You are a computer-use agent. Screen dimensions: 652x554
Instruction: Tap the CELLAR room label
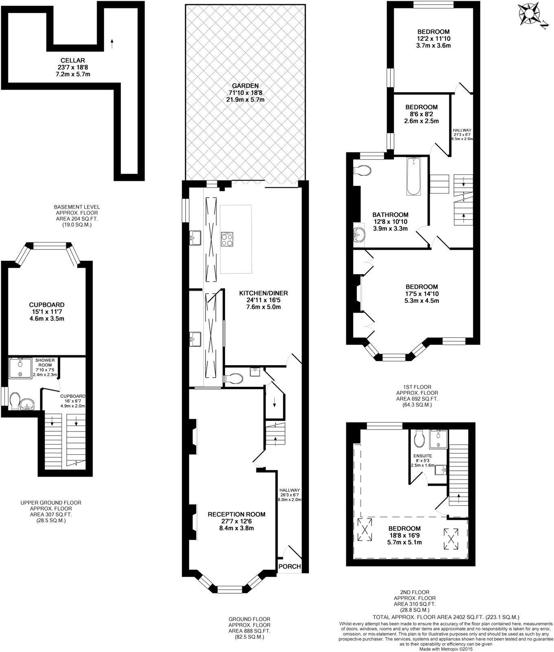(73, 60)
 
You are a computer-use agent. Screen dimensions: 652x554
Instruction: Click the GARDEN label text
(245, 86)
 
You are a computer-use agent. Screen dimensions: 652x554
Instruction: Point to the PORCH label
(290, 566)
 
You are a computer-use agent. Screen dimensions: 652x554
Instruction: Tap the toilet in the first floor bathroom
(362, 171)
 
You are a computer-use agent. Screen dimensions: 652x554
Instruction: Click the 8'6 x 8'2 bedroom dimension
(421, 115)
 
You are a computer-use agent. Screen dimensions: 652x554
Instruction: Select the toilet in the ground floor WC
(233, 379)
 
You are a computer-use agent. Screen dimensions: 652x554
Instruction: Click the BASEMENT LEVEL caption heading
(77, 207)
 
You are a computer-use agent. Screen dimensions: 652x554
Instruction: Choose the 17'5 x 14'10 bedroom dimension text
(421, 293)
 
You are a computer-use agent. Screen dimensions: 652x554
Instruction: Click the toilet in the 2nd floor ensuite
(419, 438)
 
